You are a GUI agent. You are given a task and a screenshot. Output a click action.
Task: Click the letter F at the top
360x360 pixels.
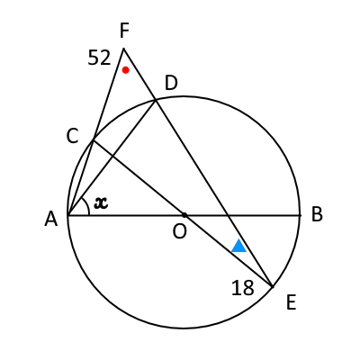click(124, 31)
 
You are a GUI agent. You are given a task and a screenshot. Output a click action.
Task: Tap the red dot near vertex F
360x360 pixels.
click(126, 70)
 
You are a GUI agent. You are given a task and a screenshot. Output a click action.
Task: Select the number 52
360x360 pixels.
click(99, 58)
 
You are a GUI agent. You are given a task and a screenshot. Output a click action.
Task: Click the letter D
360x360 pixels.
click(171, 83)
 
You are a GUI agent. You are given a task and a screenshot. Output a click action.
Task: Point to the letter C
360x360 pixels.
click(73, 137)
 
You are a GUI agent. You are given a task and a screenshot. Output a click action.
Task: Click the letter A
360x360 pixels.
click(51, 219)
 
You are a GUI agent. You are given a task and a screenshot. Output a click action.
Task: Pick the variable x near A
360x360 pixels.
click(101, 203)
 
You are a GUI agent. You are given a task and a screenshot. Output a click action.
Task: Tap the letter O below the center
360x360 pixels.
click(180, 232)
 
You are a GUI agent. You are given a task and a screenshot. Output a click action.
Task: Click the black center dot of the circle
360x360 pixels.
click(184, 215)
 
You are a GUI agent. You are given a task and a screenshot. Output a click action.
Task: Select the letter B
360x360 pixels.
click(317, 214)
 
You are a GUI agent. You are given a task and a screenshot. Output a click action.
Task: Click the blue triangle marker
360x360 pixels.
click(239, 246)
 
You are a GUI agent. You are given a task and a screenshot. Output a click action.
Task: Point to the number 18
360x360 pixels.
click(243, 288)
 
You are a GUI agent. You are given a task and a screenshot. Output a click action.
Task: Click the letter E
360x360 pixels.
click(292, 302)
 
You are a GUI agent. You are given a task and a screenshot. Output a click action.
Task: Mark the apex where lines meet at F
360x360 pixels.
click(123, 48)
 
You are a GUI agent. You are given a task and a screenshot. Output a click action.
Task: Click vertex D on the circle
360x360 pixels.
click(156, 101)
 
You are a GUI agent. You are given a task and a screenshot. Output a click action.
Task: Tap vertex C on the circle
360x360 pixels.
click(94, 139)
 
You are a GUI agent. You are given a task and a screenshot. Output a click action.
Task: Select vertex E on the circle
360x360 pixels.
click(273, 287)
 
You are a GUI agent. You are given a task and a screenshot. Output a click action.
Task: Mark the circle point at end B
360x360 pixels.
click(300, 215)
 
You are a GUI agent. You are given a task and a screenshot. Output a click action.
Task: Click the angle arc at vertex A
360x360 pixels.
click(88, 205)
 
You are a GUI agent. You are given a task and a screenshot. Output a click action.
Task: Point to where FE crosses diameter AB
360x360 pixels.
click(228, 215)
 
